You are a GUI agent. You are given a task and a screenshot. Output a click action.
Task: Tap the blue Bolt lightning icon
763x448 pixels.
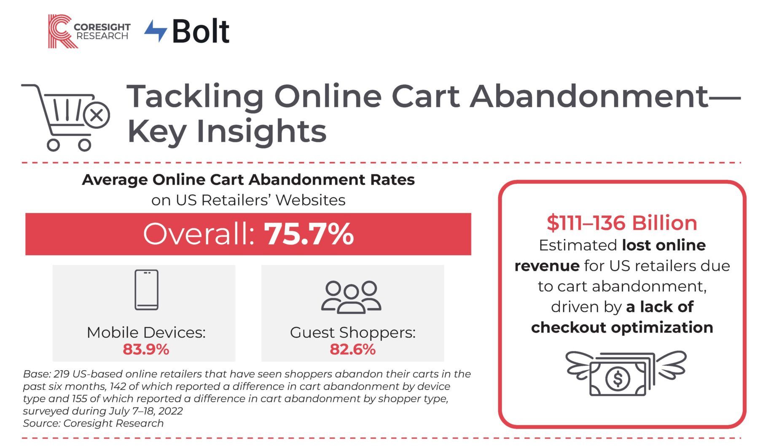tap(156, 31)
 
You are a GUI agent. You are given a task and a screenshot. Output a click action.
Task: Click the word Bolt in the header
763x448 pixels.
tap(201, 31)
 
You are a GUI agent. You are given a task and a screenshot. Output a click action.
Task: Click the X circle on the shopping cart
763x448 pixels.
tap(97, 115)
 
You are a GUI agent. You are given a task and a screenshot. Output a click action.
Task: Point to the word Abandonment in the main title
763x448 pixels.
tap(588, 96)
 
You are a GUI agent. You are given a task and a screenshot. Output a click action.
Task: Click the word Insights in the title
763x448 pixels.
tap(261, 131)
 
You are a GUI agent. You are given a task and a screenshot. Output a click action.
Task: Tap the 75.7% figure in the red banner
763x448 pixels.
tap(309, 234)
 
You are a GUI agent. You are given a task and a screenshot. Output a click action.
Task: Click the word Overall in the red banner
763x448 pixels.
tap(199, 234)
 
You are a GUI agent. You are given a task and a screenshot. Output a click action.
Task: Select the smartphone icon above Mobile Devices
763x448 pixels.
tap(146, 290)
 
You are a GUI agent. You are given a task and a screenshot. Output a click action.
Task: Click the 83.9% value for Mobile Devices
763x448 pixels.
tap(146, 349)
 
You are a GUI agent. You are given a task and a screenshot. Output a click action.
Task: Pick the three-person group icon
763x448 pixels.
tap(351, 297)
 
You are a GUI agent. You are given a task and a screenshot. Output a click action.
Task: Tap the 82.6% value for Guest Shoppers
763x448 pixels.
tap(352, 349)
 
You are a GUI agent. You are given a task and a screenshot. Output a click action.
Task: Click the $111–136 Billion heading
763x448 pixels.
tap(622, 223)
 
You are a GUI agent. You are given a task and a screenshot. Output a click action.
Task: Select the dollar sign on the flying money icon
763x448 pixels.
tap(618, 378)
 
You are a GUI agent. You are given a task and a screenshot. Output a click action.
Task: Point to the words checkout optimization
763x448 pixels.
tap(622, 327)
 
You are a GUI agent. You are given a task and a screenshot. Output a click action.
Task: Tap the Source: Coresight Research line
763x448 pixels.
tap(93, 423)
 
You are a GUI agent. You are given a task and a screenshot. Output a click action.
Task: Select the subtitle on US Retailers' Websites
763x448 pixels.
tap(248, 200)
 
